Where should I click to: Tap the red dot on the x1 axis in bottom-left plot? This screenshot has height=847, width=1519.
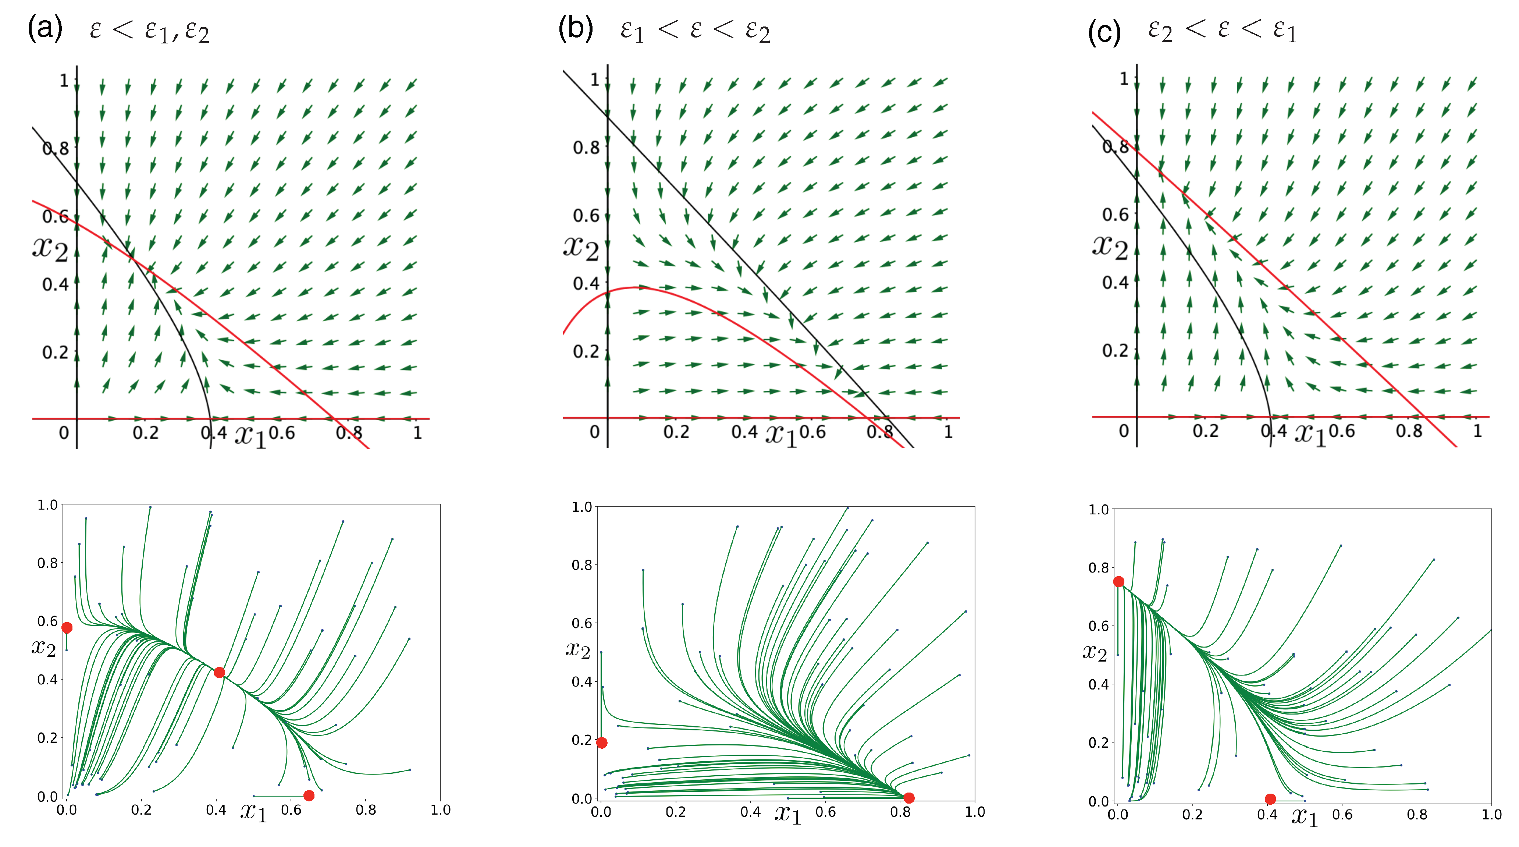pos(309,796)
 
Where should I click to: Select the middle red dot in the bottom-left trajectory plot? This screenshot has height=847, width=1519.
pos(219,672)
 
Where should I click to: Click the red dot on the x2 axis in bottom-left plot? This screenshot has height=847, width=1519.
pos(67,628)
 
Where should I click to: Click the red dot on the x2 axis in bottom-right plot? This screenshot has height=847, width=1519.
pos(1118,582)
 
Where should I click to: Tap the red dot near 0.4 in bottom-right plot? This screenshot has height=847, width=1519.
pos(1270,799)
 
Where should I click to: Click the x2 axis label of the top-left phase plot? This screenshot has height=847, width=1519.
pos(50,248)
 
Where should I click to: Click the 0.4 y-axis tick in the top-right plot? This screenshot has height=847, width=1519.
pos(1115,283)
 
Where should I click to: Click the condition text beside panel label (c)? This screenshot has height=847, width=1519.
pos(1223,29)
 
